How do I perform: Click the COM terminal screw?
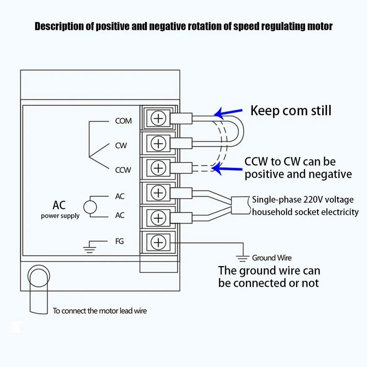tap(158, 119)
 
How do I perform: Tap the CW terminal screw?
tap(158, 144)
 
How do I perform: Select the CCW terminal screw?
tap(158, 168)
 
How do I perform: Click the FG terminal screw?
tap(158, 242)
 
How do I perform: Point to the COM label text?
tap(123, 122)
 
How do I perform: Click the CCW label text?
tap(123, 170)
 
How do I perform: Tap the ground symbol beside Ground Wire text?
tap(241, 258)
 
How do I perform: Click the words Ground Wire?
tap(272, 258)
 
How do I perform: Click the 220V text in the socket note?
tap(311, 200)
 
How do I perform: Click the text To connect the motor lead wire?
tap(100, 311)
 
